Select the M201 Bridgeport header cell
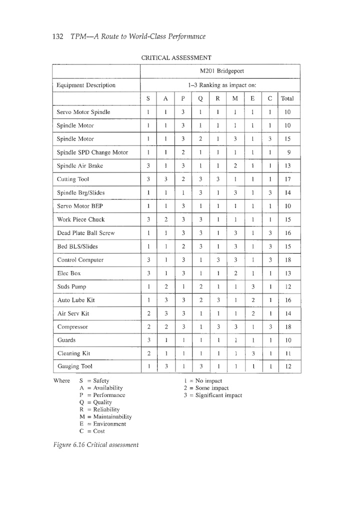pos(220,71)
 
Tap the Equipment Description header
pos(86,85)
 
